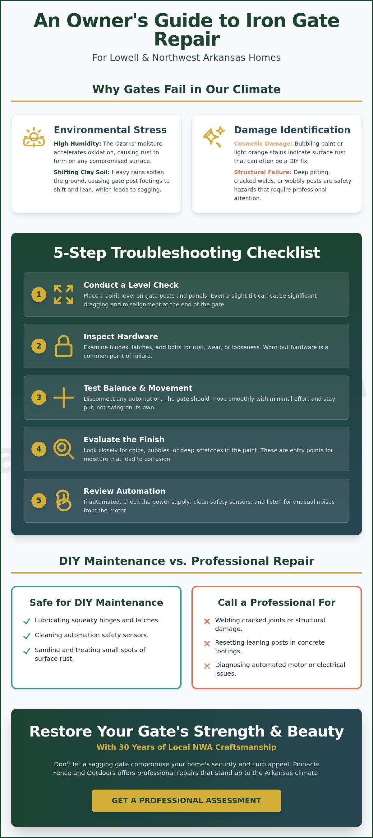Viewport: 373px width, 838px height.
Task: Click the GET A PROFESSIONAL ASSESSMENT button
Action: point(186,800)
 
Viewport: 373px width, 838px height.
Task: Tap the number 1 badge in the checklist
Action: point(39,295)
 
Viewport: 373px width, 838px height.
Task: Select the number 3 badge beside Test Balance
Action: point(39,398)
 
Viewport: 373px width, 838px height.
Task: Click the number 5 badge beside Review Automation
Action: point(39,500)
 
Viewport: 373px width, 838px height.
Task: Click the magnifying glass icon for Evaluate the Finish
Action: point(63,449)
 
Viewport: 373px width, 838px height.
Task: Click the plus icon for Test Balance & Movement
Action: point(63,398)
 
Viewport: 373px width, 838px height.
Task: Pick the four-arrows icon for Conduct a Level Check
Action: point(63,295)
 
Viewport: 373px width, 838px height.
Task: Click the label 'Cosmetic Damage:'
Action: point(263,143)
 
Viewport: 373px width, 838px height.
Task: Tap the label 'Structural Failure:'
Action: point(263,172)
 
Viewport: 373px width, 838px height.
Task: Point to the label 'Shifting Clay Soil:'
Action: point(82,172)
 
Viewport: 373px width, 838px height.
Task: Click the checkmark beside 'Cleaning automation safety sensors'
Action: point(27,636)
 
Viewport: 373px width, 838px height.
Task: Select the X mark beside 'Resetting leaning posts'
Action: point(207,643)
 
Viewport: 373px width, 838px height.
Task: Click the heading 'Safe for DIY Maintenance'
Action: point(96,602)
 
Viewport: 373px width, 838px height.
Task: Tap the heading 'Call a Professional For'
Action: point(277,602)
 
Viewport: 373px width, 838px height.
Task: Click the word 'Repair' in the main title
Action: point(187,39)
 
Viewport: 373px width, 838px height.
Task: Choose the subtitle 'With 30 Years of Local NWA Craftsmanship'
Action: point(186,747)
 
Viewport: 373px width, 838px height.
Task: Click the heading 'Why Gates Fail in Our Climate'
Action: point(186,89)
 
